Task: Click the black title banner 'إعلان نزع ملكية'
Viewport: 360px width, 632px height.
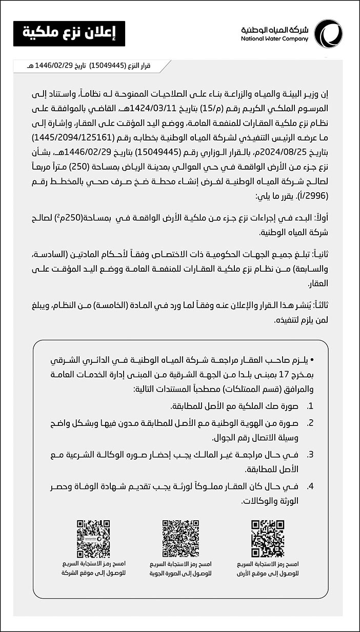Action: click(69, 34)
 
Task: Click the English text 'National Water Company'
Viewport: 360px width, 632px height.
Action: click(274, 39)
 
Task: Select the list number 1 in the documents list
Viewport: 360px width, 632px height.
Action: click(310, 406)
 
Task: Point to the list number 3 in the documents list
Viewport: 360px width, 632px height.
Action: click(310, 455)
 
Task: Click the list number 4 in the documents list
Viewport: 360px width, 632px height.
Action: click(310, 486)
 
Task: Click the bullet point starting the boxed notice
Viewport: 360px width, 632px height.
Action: click(312, 361)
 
